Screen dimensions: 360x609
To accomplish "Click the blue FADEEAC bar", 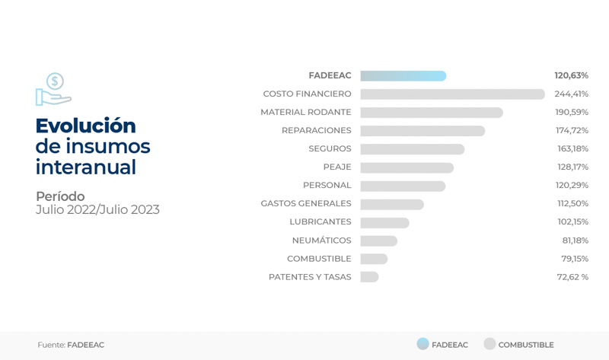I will [x=403, y=76].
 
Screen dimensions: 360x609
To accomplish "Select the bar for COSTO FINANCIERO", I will [x=452, y=94].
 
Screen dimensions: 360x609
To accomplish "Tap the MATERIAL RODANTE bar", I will [x=431, y=113].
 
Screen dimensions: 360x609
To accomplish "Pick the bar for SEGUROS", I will [x=412, y=149].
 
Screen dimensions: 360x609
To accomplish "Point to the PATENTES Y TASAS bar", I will [x=369, y=277].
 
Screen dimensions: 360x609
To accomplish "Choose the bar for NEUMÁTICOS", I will [x=378, y=241].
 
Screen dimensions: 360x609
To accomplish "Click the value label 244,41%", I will [x=571, y=94].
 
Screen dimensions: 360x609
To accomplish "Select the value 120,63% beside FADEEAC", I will [x=571, y=76].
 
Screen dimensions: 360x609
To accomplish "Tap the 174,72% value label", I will [x=572, y=131].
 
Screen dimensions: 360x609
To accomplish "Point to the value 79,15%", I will [x=575, y=259].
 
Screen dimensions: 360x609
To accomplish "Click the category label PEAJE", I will [x=337, y=167].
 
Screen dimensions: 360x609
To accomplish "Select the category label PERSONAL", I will [x=327, y=186].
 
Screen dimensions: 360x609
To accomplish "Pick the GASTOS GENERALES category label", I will [x=306, y=204].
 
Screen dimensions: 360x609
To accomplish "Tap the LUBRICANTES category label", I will [x=320, y=222].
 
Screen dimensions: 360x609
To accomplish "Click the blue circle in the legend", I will [x=422, y=344].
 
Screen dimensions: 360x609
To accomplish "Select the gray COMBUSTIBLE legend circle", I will [x=489, y=344].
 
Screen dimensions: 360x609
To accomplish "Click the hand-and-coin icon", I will [x=53, y=90].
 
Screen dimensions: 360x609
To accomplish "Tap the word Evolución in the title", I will [x=85, y=126].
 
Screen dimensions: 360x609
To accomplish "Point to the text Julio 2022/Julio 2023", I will [x=97, y=210].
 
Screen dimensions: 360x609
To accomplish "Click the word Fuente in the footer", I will [x=50, y=345].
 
